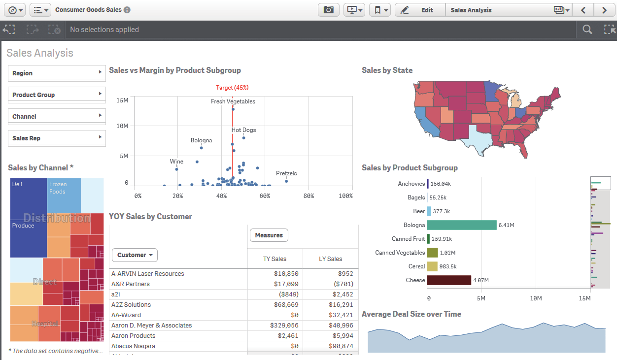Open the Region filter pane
[57, 73]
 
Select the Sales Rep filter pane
[57, 138]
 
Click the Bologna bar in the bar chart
[462, 225]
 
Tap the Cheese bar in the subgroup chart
[449, 280]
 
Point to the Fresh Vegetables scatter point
[233, 109]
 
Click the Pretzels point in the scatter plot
[286, 181]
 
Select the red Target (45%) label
[232, 88]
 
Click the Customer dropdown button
[135, 255]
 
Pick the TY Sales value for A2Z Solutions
[286, 305]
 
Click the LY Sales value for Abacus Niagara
[340, 346]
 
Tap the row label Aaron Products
[133, 336]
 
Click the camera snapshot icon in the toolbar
[328, 10]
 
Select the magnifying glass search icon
[587, 30]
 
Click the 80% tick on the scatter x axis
[309, 196]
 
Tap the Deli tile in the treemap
[28, 197]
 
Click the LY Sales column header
[330, 259]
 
